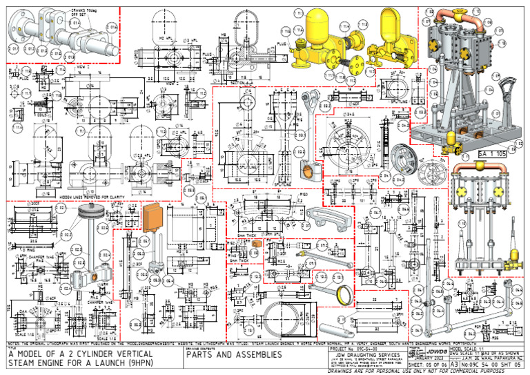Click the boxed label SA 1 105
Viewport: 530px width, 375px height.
[x=492, y=153]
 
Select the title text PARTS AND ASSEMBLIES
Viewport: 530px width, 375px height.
[x=235, y=355]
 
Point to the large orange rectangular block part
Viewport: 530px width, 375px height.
[x=151, y=215]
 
